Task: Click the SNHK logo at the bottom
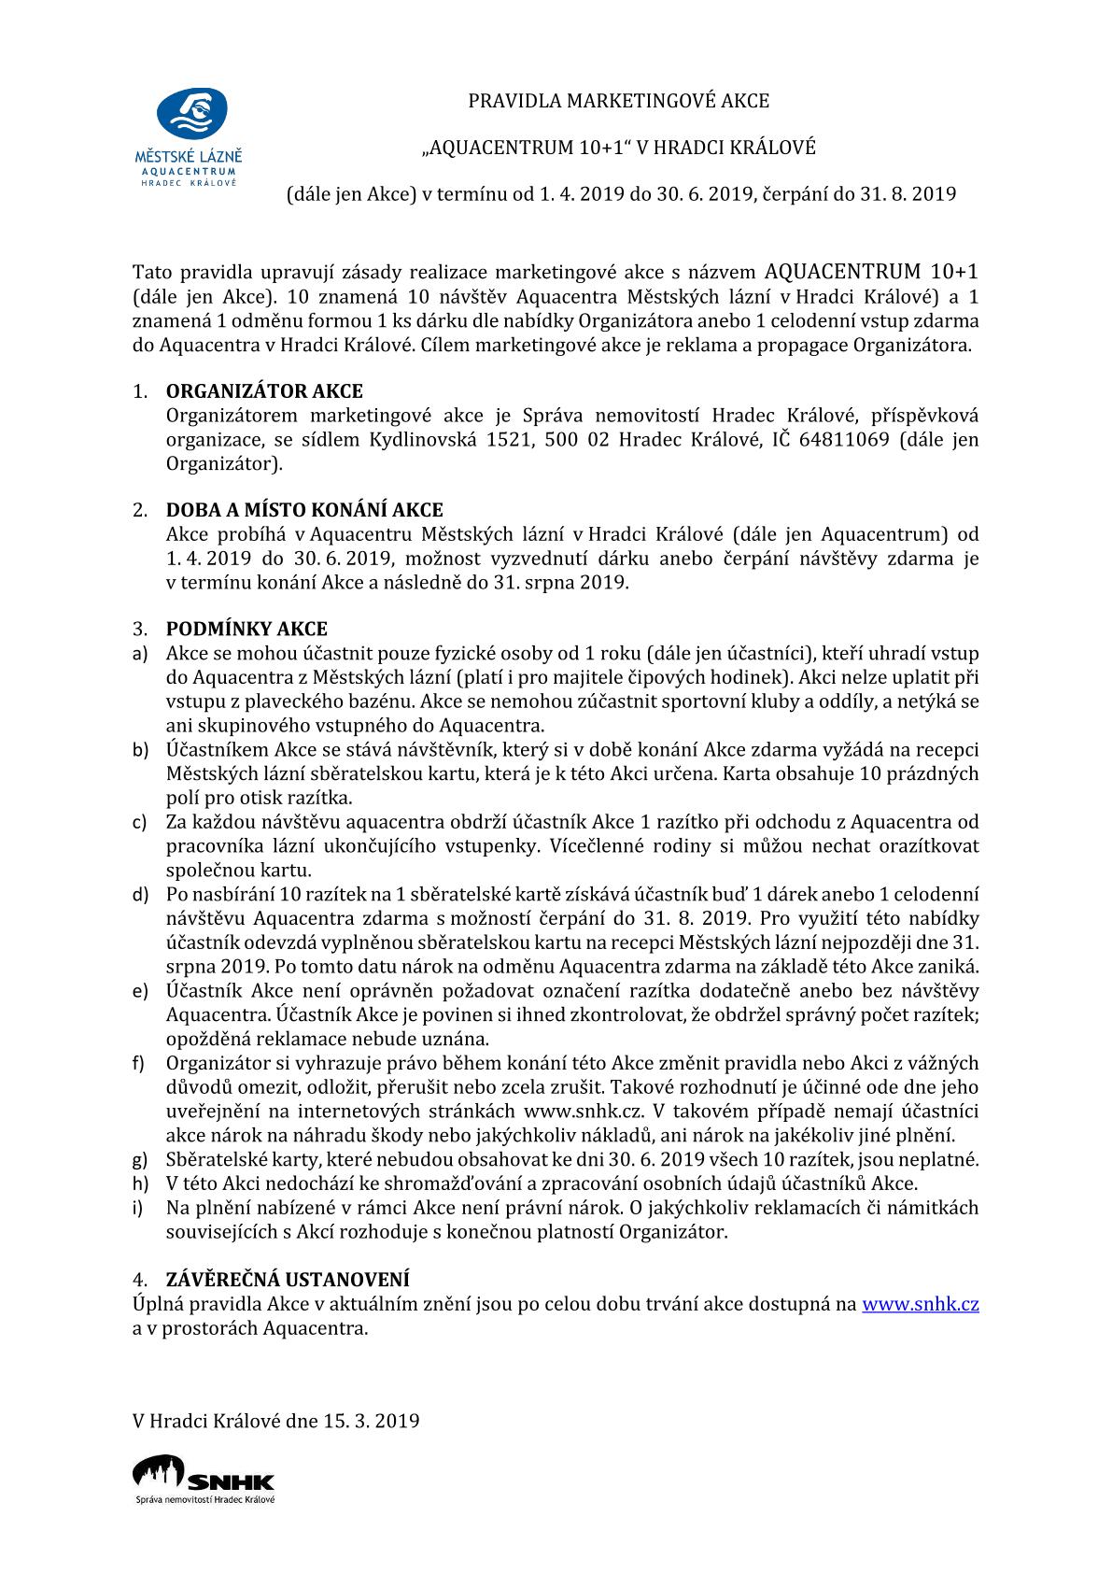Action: [204, 1479]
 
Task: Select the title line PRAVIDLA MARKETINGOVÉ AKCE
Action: [618, 100]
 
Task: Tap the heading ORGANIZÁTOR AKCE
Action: [264, 391]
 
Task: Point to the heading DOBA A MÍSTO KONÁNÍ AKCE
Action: [304, 510]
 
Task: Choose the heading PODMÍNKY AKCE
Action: [246, 629]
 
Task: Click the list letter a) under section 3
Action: [140, 654]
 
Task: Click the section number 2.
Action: [140, 510]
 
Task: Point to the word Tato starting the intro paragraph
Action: [152, 273]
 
